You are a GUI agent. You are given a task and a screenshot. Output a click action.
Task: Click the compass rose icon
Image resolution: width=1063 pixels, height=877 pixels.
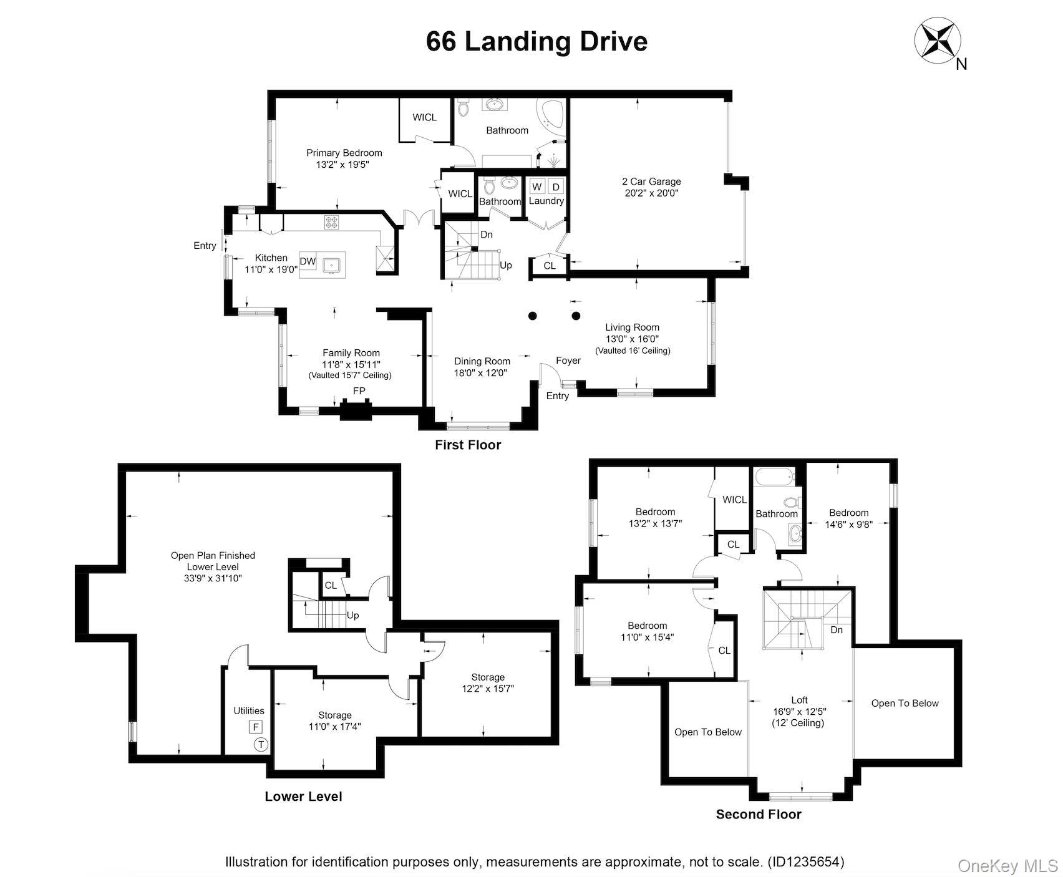coord(933,40)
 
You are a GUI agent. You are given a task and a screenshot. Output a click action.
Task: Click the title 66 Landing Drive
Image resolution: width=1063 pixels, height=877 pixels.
coord(536,42)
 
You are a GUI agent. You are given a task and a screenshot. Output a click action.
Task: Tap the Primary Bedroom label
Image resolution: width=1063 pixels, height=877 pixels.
coord(344,153)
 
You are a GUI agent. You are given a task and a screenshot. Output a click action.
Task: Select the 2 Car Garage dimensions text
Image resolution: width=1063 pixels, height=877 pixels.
coord(651,193)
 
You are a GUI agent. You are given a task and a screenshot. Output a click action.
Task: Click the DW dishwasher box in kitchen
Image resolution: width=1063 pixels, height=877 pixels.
coord(308,261)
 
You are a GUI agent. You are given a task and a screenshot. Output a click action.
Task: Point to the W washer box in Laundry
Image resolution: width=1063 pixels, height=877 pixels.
coord(536,187)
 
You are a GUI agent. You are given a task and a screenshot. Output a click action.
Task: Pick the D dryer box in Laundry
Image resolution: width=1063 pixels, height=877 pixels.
coord(556,187)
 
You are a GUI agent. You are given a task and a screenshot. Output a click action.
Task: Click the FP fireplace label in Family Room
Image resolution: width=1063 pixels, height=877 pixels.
coord(359,391)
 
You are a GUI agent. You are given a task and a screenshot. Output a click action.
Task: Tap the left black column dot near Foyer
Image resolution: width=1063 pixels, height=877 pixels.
coord(532,316)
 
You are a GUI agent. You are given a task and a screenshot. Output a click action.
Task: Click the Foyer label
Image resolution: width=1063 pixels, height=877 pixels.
coord(568,361)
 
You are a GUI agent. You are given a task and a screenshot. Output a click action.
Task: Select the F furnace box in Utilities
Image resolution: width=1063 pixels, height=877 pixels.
coord(255,727)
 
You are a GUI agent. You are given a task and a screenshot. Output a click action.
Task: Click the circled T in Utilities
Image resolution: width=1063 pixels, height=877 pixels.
coord(260,744)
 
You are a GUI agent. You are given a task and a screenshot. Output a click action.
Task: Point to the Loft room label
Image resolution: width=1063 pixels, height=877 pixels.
coord(799,700)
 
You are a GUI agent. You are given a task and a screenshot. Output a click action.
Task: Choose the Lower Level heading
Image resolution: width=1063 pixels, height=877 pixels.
coord(303,797)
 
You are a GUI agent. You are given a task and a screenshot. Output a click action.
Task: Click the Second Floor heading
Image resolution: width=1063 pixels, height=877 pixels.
coord(758,814)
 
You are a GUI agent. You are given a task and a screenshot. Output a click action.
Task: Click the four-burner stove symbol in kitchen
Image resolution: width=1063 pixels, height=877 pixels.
coord(331,221)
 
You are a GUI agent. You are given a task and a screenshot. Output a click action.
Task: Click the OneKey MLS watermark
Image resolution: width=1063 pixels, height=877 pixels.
coord(1007,866)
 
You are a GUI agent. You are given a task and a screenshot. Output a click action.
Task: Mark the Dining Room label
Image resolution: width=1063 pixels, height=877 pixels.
coord(482,361)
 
